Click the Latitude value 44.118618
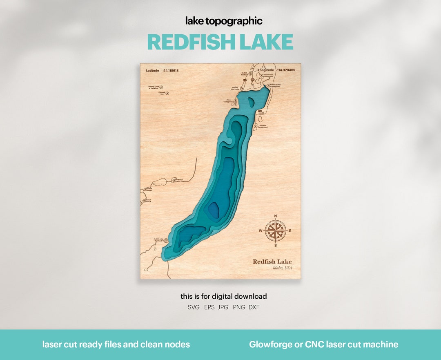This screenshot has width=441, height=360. pyautogui.click(x=171, y=71)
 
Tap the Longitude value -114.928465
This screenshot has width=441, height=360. pyautogui.click(x=285, y=70)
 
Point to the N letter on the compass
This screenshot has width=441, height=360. pyautogui.click(x=275, y=216)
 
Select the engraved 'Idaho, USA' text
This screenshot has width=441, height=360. pyautogui.click(x=282, y=268)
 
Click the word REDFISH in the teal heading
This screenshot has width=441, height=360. pyautogui.click(x=190, y=42)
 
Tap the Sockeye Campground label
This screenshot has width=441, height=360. pyautogui.click(x=262, y=126)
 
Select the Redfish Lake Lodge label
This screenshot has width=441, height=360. pyautogui.click(x=236, y=88)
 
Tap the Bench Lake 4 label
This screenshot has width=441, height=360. pyautogui.click(x=149, y=201)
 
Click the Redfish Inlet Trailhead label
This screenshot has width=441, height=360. pyautogui.click(x=158, y=240)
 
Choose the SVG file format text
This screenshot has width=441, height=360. pyautogui.click(x=194, y=307)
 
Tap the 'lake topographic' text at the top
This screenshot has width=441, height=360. pyautogui.click(x=224, y=21)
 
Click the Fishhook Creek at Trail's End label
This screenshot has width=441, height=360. pyautogui.click(x=154, y=87)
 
